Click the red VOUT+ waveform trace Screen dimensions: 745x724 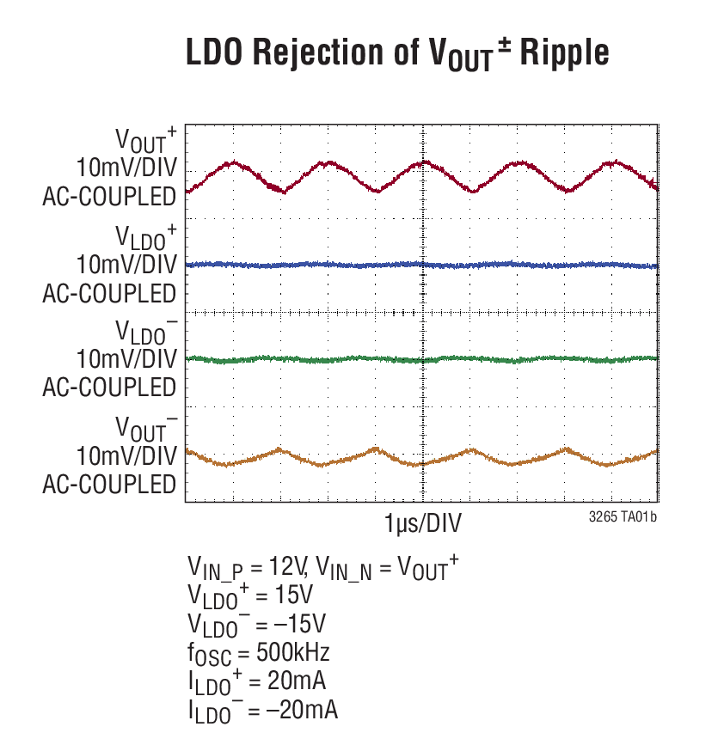click(327, 162)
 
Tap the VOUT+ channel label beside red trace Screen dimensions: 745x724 click(147, 138)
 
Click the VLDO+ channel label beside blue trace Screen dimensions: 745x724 click(147, 235)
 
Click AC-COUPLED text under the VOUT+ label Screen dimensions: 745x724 click(109, 198)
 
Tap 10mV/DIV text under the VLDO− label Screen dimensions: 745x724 click(126, 358)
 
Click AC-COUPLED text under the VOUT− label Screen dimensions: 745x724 click(109, 484)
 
